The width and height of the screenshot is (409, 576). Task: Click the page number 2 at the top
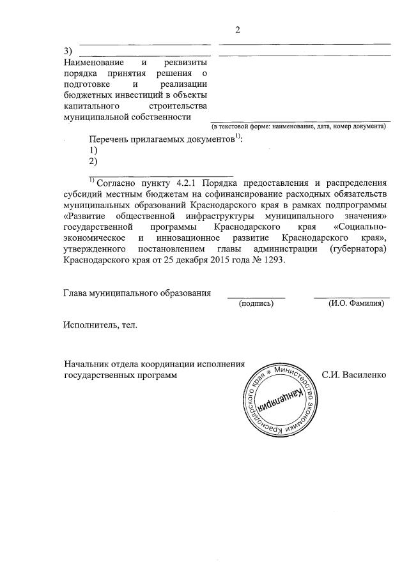237,30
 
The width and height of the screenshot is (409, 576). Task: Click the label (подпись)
256,304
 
